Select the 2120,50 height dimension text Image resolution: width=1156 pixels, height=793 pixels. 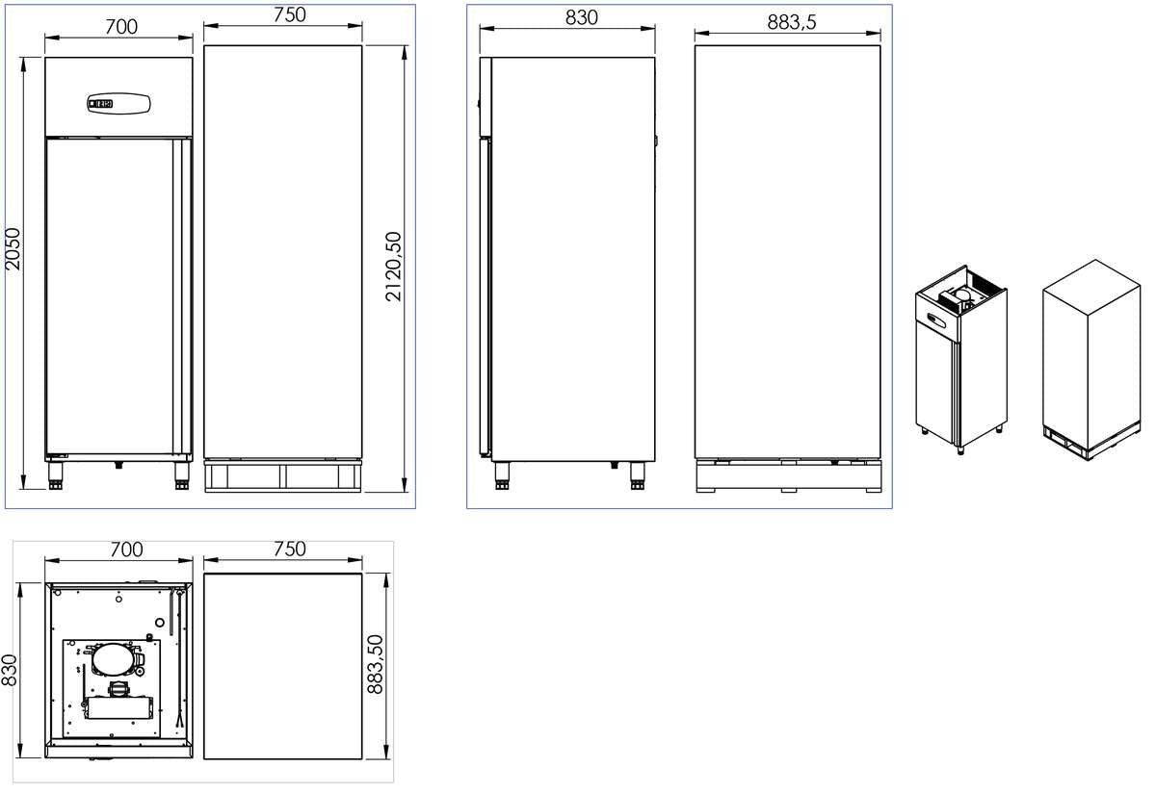pyautogui.click(x=394, y=267)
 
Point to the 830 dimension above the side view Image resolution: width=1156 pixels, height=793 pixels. pyautogui.click(x=582, y=16)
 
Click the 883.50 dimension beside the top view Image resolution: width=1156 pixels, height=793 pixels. pyautogui.click(x=376, y=664)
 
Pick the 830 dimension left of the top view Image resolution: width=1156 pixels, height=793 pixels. pyautogui.click(x=10, y=670)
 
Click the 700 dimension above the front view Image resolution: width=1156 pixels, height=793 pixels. pyautogui.click(x=120, y=26)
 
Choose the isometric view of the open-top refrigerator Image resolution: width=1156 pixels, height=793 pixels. pyautogui.click(x=959, y=356)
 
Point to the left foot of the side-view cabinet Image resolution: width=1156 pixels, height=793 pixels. pyautogui.click(x=501, y=473)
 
